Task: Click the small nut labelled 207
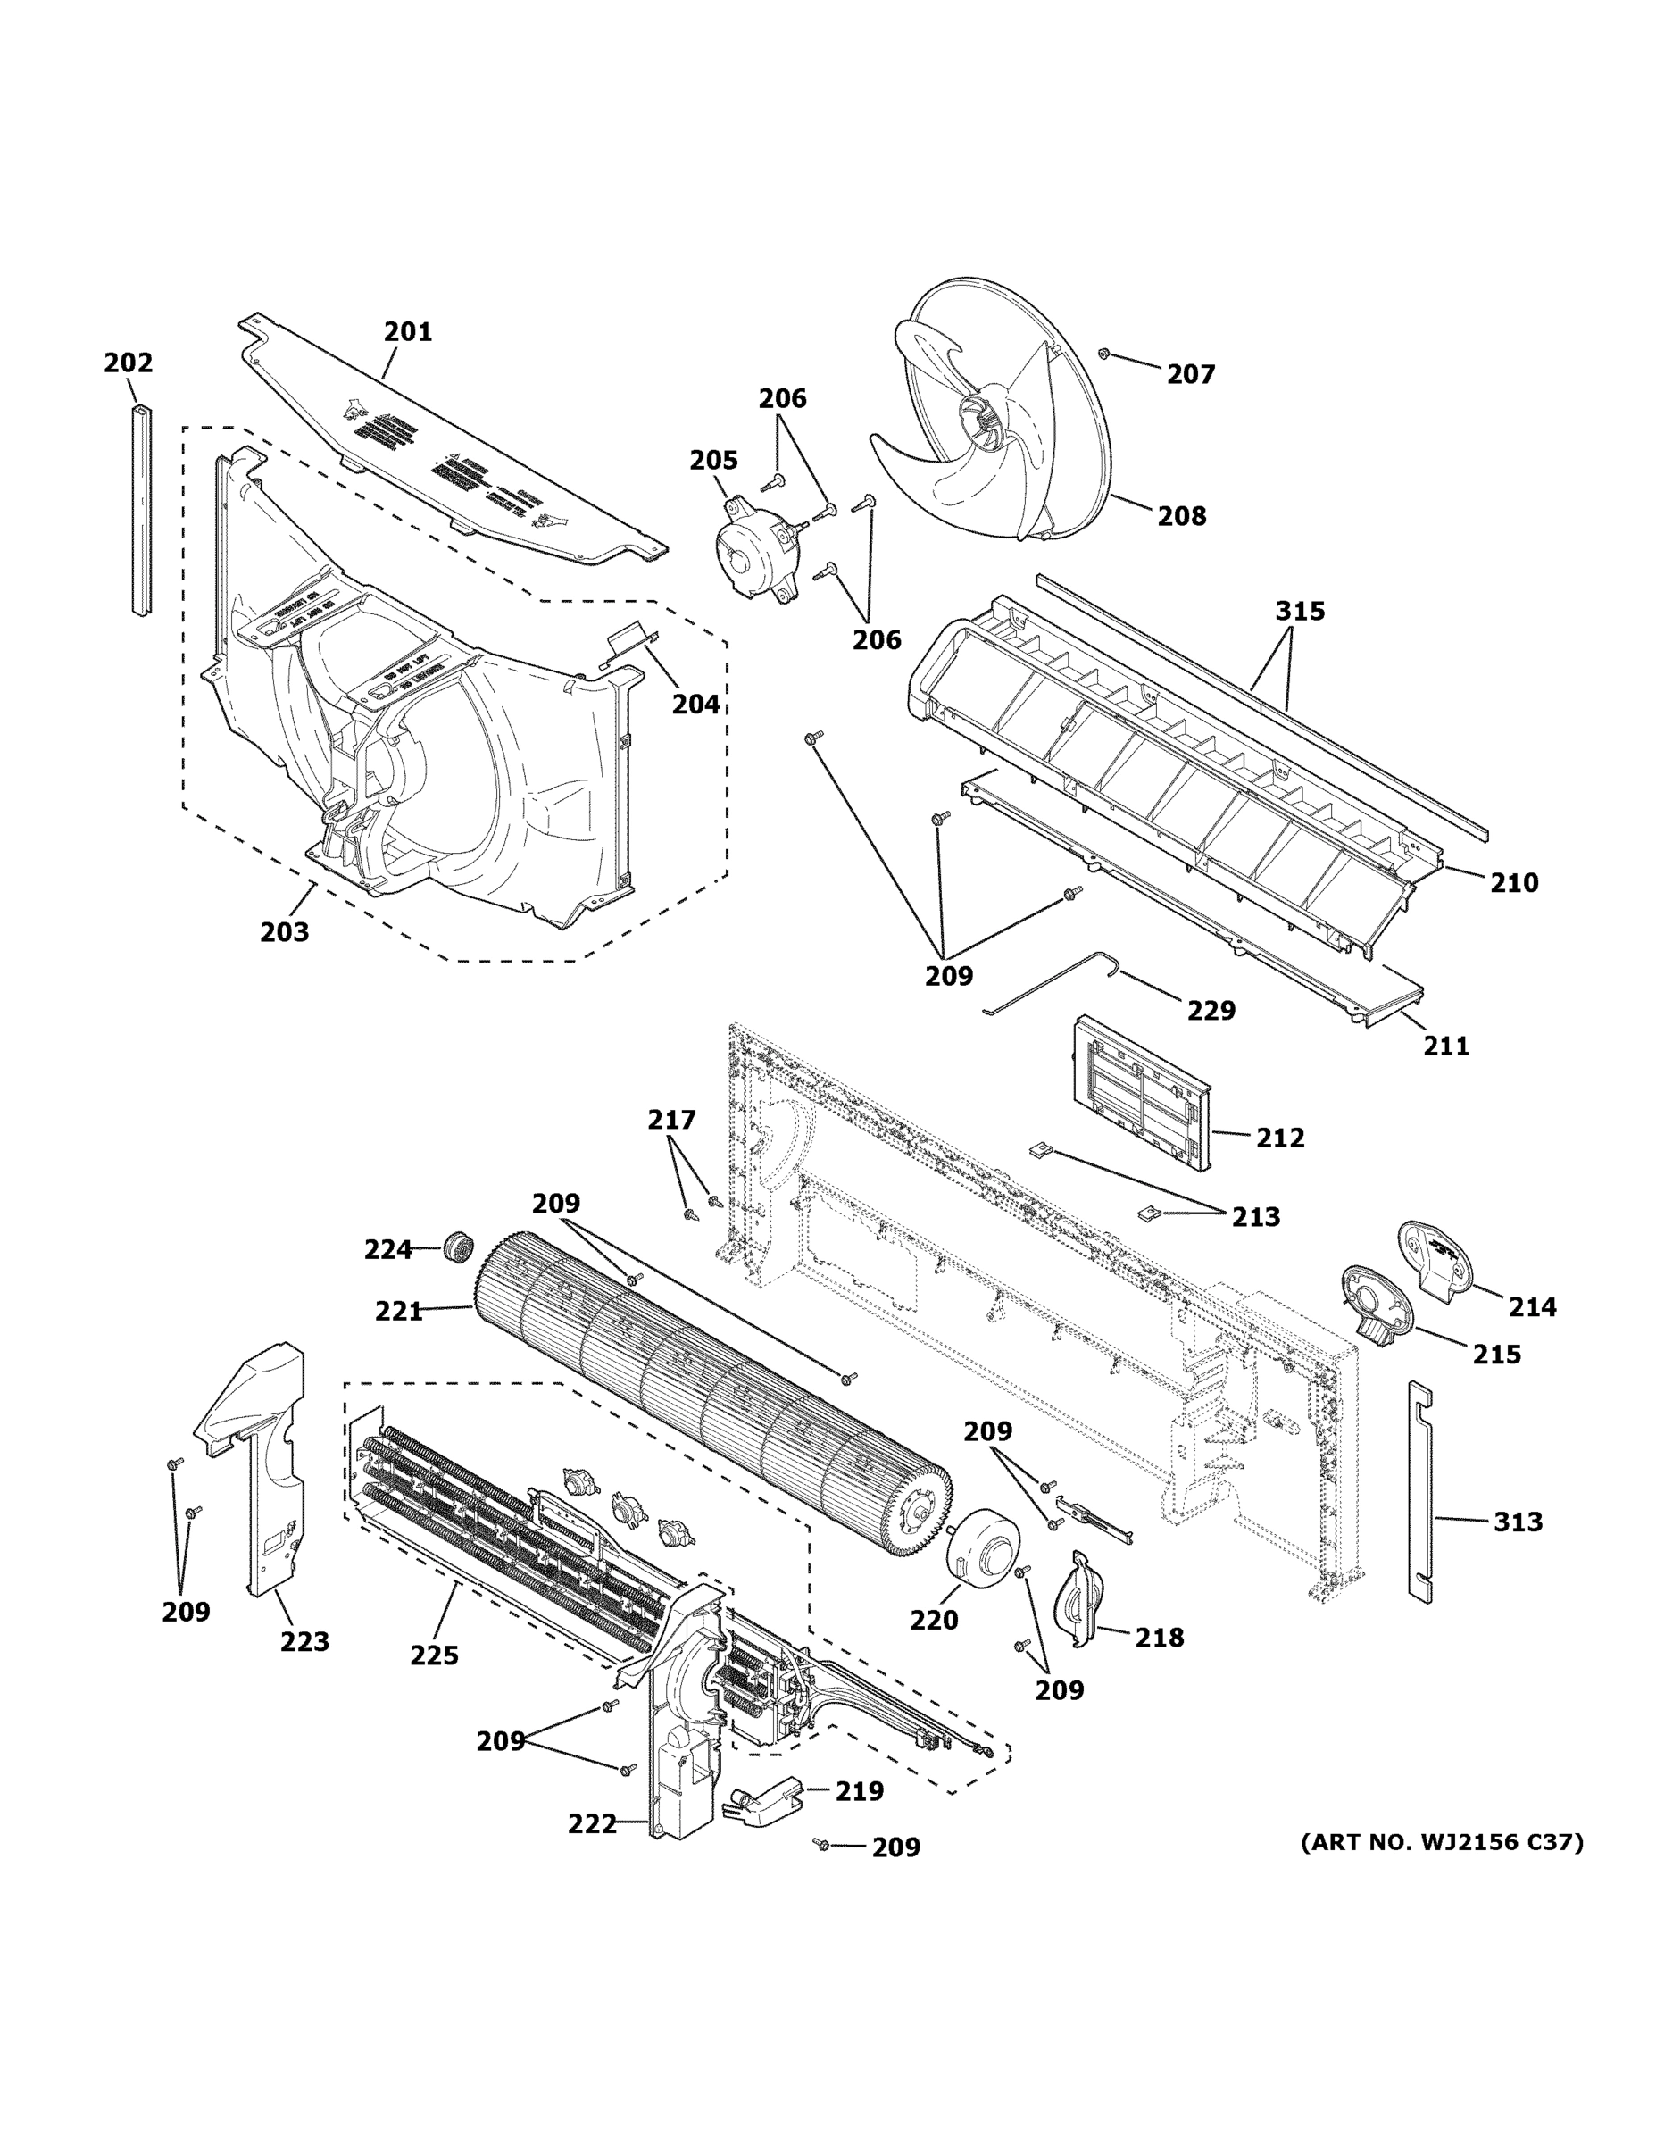point(1103,354)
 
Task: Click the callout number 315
point(1300,612)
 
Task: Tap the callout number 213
point(1256,1217)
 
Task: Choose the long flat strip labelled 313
point(1420,1491)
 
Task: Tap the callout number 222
point(593,1824)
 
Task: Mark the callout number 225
point(435,1655)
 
